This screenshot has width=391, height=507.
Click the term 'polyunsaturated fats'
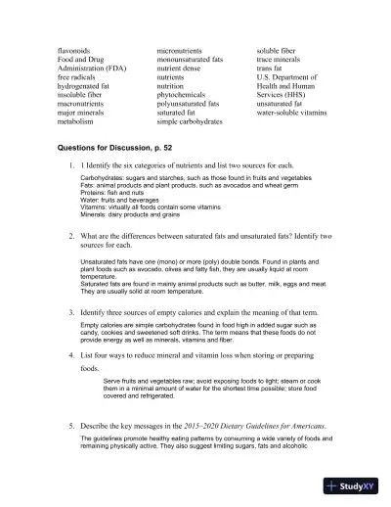[194, 103]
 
